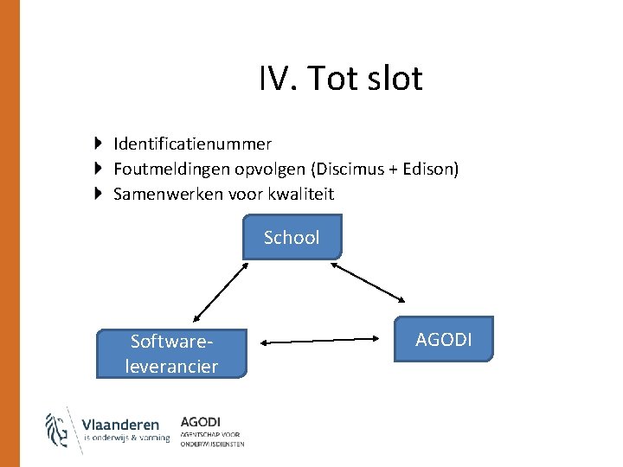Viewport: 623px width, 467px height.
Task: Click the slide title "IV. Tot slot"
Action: point(340,79)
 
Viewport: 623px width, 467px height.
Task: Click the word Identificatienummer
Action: point(192,144)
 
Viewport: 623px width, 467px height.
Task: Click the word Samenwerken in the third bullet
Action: point(168,194)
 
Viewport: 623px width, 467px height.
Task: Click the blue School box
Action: point(292,237)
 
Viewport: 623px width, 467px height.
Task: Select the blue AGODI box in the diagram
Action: point(444,339)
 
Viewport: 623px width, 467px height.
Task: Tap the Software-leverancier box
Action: point(171,354)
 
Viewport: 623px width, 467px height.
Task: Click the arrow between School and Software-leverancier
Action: point(221,294)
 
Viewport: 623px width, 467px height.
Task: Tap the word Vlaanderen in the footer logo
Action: point(120,425)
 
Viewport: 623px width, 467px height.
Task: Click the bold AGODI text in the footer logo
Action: point(201,421)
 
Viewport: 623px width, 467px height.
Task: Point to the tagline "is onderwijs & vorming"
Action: point(126,438)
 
